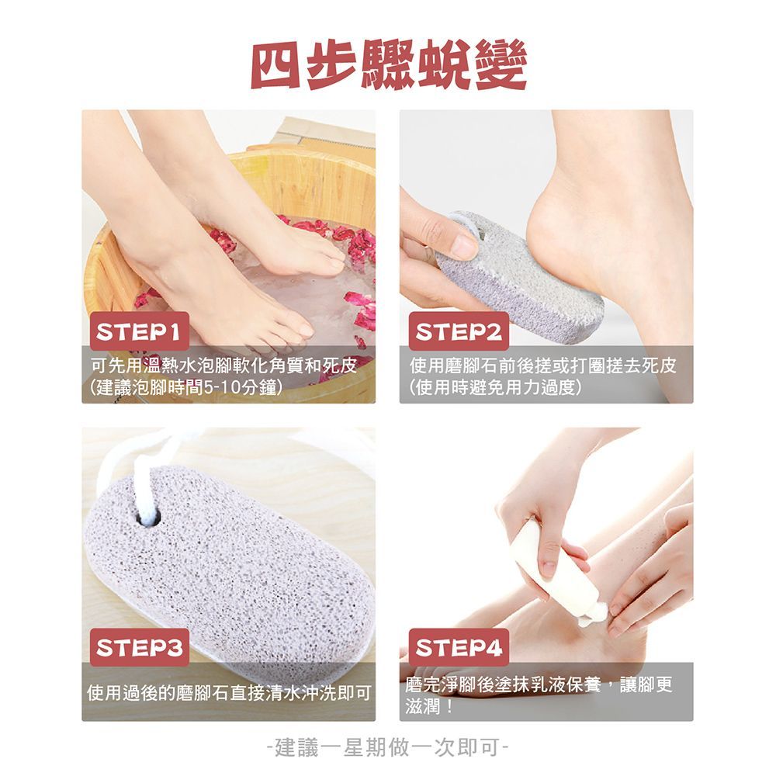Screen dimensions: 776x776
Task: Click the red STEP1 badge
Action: click(140, 331)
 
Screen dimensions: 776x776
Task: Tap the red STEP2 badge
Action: click(459, 331)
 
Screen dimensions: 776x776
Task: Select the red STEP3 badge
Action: click(140, 647)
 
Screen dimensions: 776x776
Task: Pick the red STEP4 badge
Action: click(459, 647)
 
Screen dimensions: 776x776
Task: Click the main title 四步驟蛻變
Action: click(389, 65)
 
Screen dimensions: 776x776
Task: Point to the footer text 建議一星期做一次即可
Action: click(387, 747)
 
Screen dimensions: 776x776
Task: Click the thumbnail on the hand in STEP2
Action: click(465, 245)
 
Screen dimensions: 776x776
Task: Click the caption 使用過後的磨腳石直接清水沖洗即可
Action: click(229, 693)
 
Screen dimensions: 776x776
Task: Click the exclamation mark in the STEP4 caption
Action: click(449, 706)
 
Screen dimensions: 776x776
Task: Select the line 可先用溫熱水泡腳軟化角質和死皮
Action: click(224, 365)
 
